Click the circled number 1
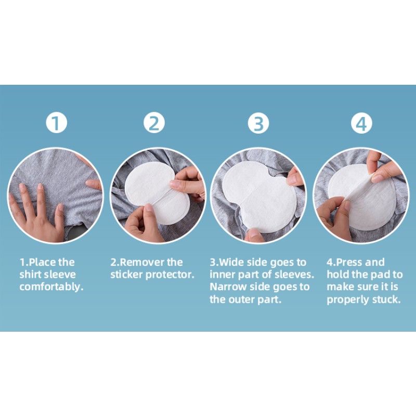coord(56,123)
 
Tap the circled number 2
coord(154,123)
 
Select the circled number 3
coord(258,123)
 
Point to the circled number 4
coord(361,123)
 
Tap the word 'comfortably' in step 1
coord(51,287)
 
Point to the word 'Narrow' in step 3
coord(228,287)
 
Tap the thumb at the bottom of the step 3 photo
coord(255,235)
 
